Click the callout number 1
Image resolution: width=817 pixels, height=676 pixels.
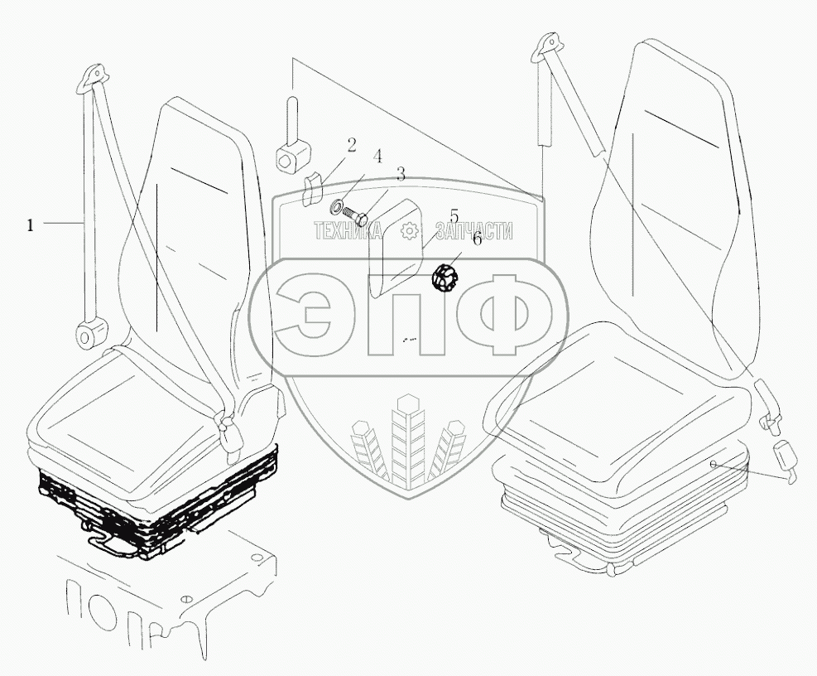point(31,224)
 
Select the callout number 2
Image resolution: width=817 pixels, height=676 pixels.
point(351,146)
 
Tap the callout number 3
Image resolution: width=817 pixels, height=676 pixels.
point(401,174)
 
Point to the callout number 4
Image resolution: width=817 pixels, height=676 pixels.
point(377,156)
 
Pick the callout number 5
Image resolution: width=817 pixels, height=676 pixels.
point(454,216)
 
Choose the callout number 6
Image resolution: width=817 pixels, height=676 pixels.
point(476,239)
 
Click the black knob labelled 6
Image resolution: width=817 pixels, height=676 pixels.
point(445,278)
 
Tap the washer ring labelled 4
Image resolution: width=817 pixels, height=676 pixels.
point(338,205)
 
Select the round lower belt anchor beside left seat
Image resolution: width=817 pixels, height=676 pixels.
point(88,336)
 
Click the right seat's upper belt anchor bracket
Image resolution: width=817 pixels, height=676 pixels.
point(547,49)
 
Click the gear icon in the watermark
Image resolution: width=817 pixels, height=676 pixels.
point(408,232)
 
